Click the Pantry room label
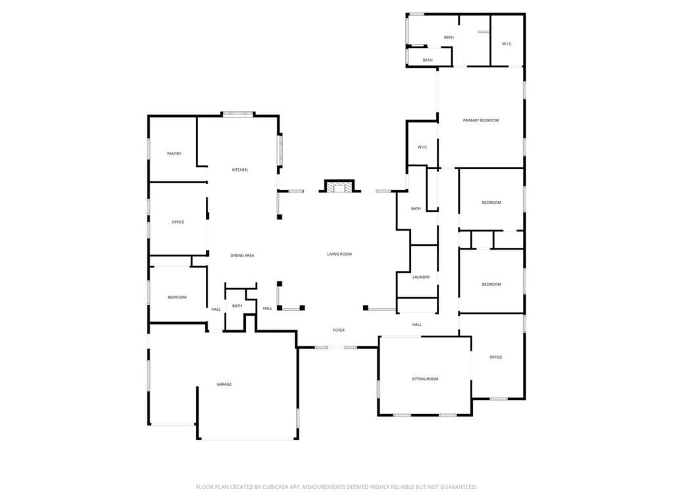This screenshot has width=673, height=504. [174, 154]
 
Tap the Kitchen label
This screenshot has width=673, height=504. [239, 170]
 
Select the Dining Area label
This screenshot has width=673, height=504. [242, 255]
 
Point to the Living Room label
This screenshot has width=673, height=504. [339, 254]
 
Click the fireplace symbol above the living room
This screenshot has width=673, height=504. [339, 187]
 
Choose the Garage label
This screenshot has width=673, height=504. [224, 384]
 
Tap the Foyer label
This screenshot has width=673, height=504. [338, 330]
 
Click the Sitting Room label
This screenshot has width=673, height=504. [425, 379]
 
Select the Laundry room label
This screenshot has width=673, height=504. [421, 277]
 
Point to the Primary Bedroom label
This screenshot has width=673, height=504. [481, 120]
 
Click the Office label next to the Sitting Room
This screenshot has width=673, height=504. [495, 357]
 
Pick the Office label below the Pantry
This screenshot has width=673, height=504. [178, 222]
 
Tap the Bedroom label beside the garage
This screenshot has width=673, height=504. [177, 298]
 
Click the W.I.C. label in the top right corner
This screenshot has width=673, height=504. [507, 44]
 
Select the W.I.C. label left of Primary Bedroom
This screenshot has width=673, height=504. [422, 147]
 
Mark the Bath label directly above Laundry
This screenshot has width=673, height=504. [416, 209]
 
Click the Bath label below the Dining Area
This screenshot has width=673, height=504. [237, 306]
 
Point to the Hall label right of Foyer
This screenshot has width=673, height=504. [417, 325]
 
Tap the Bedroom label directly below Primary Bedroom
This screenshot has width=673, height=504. [491, 202]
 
